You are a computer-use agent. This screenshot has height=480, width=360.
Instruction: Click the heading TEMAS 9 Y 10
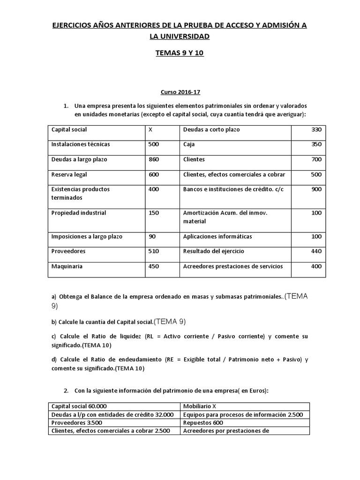[x=180, y=53]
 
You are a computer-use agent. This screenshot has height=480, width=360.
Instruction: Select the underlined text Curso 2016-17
[x=180, y=93]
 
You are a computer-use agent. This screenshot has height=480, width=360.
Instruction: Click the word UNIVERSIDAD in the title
[x=180, y=36]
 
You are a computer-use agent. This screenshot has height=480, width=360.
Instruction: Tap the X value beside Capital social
[x=150, y=129]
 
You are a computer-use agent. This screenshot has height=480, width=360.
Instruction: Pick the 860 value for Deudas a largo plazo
[x=153, y=159]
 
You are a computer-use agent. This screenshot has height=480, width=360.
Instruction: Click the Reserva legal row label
[x=69, y=174]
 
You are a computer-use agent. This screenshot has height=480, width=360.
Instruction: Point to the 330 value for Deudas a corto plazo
[x=316, y=129]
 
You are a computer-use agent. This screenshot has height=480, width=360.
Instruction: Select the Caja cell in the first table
[x=189, y=144]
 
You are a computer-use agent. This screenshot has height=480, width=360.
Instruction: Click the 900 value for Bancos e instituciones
[x=316, y=189]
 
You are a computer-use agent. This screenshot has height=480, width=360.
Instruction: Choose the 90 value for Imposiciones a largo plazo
[x=152, y=236]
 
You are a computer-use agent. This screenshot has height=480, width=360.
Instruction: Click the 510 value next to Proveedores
[x=153, y=251]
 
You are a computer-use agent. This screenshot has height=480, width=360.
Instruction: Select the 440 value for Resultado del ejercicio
[x=316, y=251]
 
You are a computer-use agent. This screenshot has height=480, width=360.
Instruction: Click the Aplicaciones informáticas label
[x=217, y=236]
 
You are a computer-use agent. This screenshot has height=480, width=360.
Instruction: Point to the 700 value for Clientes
[x=316, y=159]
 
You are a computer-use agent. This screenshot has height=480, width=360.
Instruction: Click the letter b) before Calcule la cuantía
[x=54, y=322]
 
